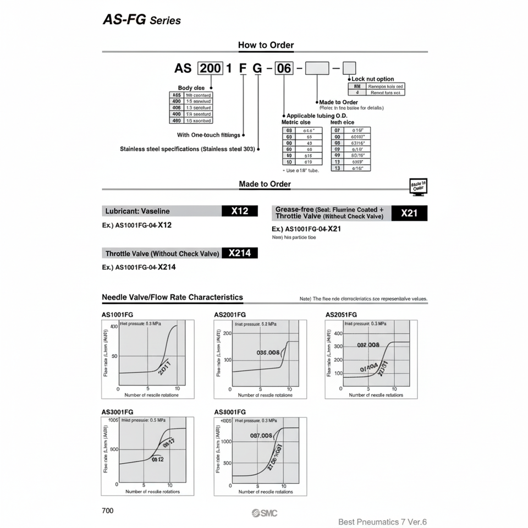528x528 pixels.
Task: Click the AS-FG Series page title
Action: coord(142,20)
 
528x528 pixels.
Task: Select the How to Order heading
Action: coord(266,45)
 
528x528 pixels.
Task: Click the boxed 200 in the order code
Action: coord(210,68)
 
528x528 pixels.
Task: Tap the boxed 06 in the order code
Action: coord(283,68)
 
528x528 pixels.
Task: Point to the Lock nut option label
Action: coord(372,79)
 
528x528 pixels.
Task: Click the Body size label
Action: coord(191,88)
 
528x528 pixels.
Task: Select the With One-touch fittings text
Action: coord(208,135)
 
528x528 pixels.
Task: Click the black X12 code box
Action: coord(240,211)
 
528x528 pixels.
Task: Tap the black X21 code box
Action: coord(409,213)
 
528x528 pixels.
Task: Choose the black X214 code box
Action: coord(240,253)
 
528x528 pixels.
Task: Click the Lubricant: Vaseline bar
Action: coord(162,211)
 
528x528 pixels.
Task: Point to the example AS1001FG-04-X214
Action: coord(139,267)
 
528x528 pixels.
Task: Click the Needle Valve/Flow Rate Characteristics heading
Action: coord(172,298)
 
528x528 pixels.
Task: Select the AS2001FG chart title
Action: coord(230,315)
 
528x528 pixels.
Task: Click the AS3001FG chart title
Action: coord(118,412)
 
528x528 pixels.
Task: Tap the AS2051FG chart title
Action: coord(342,315)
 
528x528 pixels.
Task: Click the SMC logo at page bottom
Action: coord(265,513)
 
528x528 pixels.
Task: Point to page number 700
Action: coord(108,510)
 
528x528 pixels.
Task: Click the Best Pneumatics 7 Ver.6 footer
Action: coord(382,522)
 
